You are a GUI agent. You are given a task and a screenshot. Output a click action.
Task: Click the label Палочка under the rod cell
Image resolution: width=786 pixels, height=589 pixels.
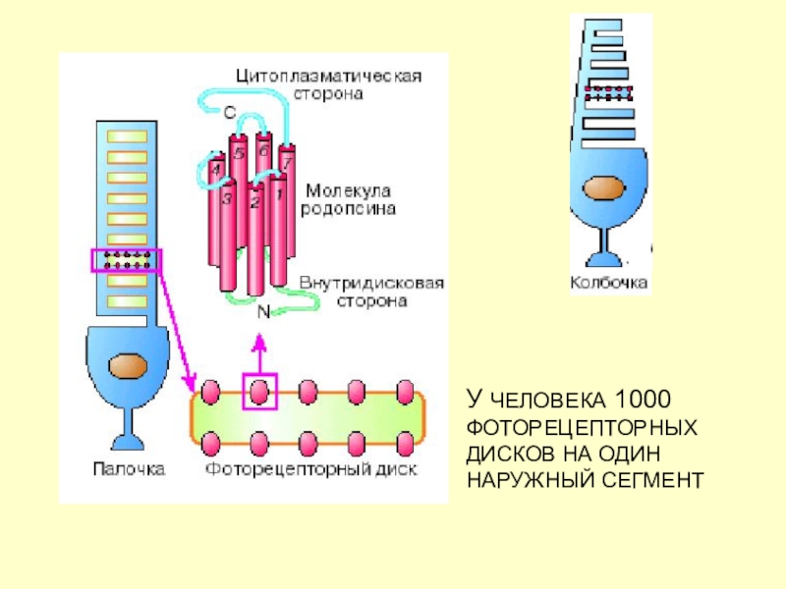pyautogui.click(x=129, y=469)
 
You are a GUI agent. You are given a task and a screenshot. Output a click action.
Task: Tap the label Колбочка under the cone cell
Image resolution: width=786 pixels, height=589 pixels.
pyautogui.click(x=609, y=283)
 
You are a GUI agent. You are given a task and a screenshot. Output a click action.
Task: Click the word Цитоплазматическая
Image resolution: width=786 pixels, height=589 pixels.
pyautogui.click(x=328, y=76)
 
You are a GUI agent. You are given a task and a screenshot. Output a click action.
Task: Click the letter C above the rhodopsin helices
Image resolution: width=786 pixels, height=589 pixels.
pyautogui.click(x=229, y=114)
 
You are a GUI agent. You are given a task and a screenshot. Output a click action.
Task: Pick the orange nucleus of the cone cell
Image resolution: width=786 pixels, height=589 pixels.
pyautogui.click(x=603, y=189)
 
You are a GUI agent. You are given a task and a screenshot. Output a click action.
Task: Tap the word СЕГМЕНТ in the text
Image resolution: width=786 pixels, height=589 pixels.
pyautogui.click(x=663, y=480)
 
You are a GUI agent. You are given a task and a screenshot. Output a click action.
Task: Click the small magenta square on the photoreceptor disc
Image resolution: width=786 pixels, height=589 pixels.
pyautogui.click(x=259, y=391)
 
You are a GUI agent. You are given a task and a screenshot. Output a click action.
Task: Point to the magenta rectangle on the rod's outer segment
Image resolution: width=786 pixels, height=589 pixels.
pyautogui.click(x=126, y=261)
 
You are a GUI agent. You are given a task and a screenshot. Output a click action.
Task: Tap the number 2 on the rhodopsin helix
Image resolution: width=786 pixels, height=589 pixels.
pyautogui.click(x=255, y=202)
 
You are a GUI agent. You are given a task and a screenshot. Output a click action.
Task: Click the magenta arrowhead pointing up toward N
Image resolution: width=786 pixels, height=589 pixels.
pyautogui.click(x=259, y=345)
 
